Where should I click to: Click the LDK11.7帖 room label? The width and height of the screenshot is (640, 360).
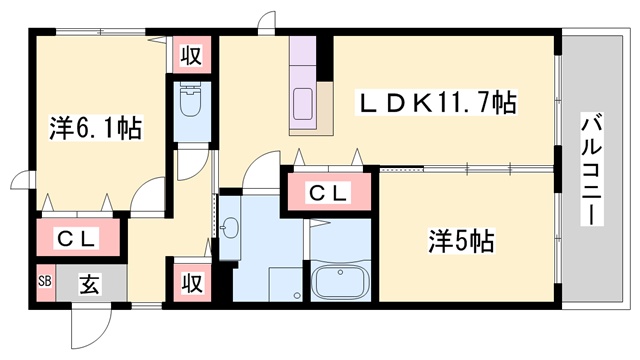(x=436, y=102)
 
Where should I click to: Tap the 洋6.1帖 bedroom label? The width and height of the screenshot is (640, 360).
(x=96, y=128)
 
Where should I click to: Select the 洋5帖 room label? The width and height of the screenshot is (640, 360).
(x=461, y=241)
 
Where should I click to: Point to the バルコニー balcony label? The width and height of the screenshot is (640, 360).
(x=591, y=169)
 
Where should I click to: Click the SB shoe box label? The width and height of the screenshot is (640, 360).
(x=45, y=281)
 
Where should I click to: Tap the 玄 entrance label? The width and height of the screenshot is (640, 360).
(x=89, y=284)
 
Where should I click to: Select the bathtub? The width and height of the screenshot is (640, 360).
(x=340, y=283)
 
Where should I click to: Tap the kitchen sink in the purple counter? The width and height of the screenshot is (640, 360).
(x=303, y=104)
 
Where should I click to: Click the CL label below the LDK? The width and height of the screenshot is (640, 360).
(x=328, y=193)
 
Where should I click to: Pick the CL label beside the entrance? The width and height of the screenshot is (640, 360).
(x=76, y=239)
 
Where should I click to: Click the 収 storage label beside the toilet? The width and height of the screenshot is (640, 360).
(x=191, y=55)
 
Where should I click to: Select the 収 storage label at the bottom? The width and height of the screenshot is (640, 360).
(x=192, y=282)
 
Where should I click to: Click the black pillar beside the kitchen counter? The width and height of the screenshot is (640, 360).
(x=325, y=58)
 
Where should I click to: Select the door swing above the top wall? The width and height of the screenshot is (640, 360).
(x=267, y=20)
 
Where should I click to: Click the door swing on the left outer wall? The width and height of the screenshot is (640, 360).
(x=22, y=180)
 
